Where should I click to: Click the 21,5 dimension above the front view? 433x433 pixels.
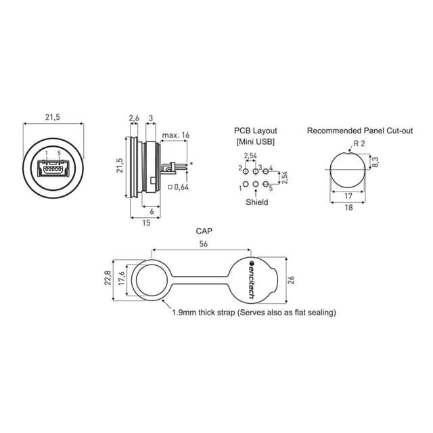click(x=53, y=118)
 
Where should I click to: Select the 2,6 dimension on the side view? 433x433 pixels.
click(x=134, y=118)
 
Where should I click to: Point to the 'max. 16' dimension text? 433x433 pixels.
click(x=176, y=136)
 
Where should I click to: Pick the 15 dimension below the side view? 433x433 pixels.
click(x=145, y=223)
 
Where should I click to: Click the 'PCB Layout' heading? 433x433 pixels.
click(x=256, y=131)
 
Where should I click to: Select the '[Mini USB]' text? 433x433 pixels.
click(x=256, y=142)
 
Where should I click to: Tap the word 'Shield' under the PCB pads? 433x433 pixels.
click(x=256, y=202)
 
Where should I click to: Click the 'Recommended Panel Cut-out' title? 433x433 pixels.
click(x=360, y=131)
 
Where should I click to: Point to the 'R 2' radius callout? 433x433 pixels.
click(x=359, y=144)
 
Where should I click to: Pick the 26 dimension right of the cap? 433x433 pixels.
click(x=292, y=279)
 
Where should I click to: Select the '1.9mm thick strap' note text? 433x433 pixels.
click(x=254, y=313)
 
